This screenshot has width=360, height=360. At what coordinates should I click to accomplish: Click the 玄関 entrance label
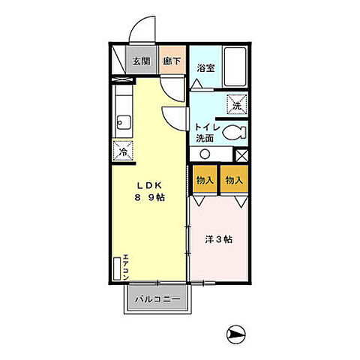click(x=142, y=61)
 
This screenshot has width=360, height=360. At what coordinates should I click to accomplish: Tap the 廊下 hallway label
click(x=172, y=61)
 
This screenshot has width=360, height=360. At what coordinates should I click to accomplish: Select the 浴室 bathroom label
click(x=206, y=67)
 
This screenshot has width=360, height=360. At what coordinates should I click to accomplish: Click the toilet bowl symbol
click(x=235, y=132)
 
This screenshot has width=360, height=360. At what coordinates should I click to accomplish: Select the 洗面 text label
click(x=205, y=139)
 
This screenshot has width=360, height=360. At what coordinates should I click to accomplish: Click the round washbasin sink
click(x=204, y=154)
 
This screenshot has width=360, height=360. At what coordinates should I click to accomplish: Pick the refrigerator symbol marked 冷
click(x=123, y=151)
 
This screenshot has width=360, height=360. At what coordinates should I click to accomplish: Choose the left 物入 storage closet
click(x=204, y=180)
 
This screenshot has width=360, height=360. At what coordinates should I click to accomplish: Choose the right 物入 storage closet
click(x=235, y=180)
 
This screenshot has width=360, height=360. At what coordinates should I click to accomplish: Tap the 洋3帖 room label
click(x=219, y=239)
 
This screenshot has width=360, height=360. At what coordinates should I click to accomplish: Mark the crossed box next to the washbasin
click(x=241, y=154)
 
